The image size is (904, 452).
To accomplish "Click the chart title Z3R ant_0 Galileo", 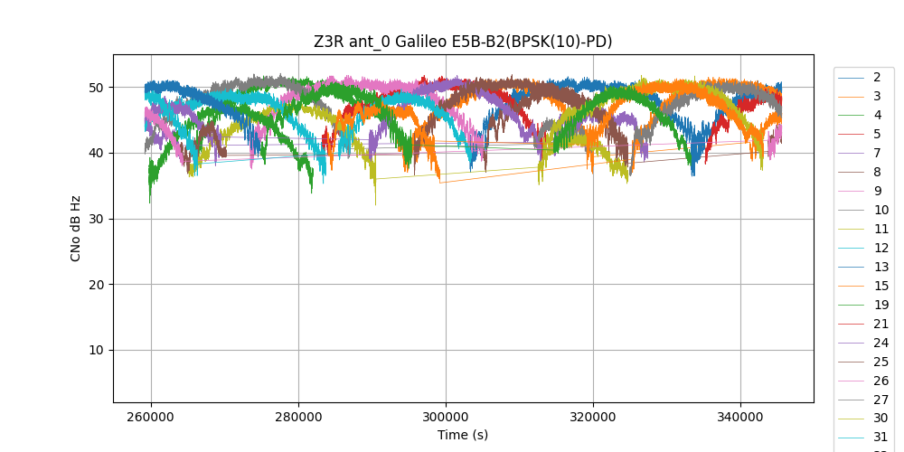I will (x=463, y=42).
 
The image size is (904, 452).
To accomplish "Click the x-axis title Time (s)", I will (x=463, y=435).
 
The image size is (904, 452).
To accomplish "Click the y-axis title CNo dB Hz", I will (x=76, y=228).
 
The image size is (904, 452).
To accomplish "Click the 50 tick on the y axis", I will (x=95, y=88).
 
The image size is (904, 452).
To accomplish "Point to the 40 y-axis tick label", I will (x=95, y=153).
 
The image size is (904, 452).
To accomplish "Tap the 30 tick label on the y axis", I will (x=95, y=219).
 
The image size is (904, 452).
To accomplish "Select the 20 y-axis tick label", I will (x=95, y=285).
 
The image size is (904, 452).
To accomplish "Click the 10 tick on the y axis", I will (x=95, y=351).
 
